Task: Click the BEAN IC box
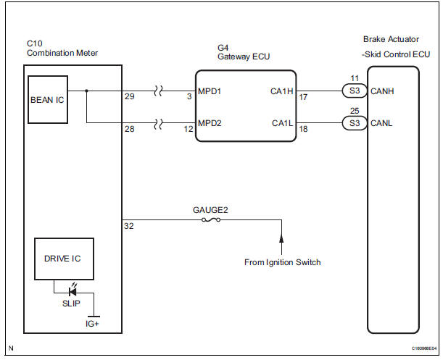[x=47, y=100]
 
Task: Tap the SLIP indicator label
[x=71, y=303]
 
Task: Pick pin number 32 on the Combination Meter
[x=130, y=226]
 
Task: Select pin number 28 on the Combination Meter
[x=130, y=128]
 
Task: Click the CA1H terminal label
[x=278, y=92]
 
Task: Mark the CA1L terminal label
[x=278, y=122]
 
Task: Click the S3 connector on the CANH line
[x=355, y=92]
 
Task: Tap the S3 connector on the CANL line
[x=355, y=122]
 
